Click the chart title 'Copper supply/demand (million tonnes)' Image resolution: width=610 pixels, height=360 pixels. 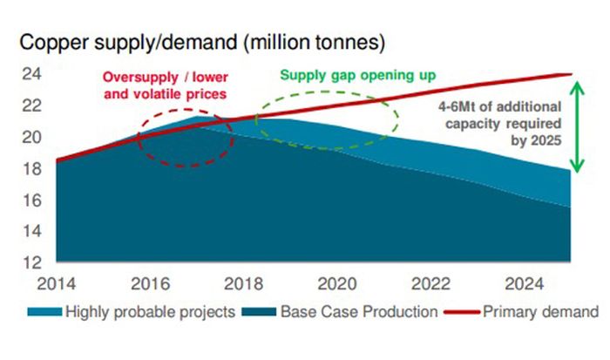tap(202, 42)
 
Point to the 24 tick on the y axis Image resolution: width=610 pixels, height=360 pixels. tap(31, 74)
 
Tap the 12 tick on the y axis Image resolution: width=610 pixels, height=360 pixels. tap(31, 262)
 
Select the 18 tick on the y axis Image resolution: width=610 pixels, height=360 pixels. tap(31, 168)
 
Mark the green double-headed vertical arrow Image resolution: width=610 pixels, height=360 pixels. tap(573, 127)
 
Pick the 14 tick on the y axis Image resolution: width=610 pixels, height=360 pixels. tap(31, 231)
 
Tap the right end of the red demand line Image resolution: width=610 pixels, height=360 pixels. tap(569, 74)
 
